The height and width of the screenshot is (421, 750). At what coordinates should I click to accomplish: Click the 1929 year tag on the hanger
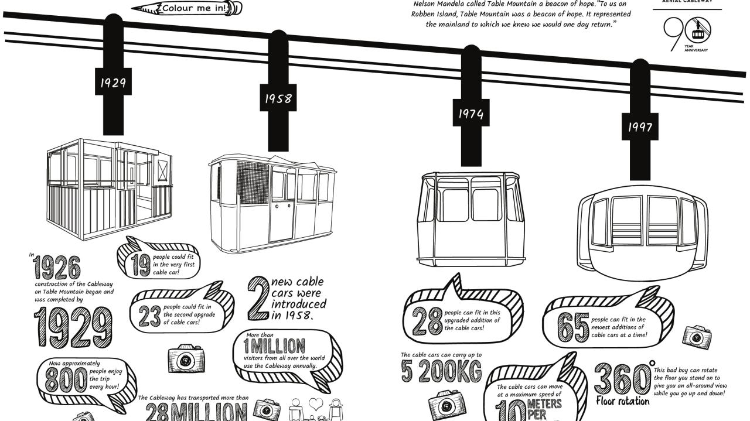[x=113, y=83]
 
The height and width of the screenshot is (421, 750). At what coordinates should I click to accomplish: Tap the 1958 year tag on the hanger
[x=278, y=98]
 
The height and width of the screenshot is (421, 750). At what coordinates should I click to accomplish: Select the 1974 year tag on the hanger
[x=471, y=113]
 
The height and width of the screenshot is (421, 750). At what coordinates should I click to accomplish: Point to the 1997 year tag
[x=640, y=127]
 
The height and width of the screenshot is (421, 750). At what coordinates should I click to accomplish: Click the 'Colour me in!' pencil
[x=187, y=8]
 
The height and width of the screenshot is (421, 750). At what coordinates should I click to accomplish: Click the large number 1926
[x=57, y=268]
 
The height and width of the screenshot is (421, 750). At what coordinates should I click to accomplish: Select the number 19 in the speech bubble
[x=141, y=265]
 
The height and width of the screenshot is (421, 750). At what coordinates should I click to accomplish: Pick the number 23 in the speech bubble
[x=149, y=316]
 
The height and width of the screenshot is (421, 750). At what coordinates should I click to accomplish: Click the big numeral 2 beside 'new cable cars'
[x=257, y=299]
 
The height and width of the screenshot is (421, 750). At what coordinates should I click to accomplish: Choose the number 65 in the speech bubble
[x=572, y=327]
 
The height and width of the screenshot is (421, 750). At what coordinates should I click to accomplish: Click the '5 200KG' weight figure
[x=441, y=371]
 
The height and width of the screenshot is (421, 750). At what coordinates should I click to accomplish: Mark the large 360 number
[x=622, y=379]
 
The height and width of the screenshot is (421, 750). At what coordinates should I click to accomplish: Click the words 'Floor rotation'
[x=622, y=402]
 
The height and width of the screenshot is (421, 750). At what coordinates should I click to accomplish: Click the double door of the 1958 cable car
[x=282, y=211]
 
